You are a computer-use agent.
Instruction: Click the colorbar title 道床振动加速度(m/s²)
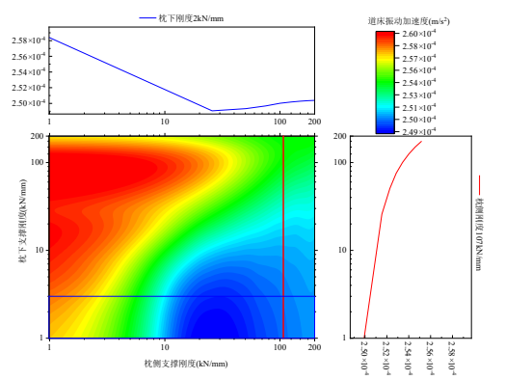click(418, 19)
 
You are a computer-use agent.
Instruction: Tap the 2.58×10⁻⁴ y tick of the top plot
click(26, 40)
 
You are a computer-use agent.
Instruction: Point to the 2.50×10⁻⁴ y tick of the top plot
click(26, 103)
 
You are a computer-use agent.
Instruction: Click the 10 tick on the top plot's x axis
click(165, 122)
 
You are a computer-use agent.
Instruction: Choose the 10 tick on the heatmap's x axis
click(165, 347)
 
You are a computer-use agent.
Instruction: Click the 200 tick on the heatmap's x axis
click(313, 347)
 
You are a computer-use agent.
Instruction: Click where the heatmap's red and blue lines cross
click(283, 296)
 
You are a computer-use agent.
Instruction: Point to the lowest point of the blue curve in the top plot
click(212, 111)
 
